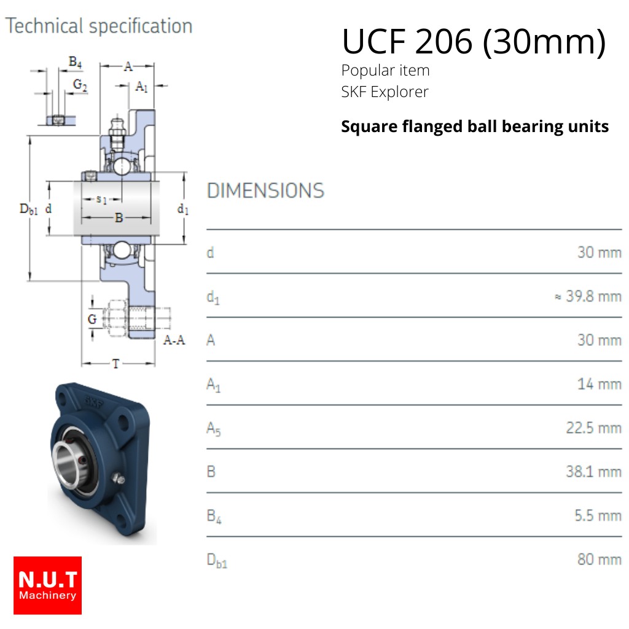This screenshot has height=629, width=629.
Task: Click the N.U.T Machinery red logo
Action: [47, 585]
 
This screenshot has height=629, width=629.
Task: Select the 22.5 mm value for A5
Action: [594, 428]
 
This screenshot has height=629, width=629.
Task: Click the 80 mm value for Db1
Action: [600, 559]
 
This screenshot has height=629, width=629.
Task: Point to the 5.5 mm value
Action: [598, 515]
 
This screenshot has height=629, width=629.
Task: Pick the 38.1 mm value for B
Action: [594, 472]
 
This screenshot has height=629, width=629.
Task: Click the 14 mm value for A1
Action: [600, 385]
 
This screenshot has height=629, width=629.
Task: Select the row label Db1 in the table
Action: [217, 560]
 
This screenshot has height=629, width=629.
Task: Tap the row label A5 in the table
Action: [213, 428]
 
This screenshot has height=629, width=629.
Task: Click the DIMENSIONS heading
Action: [265, 190]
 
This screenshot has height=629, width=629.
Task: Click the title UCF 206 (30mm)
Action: [474, 42]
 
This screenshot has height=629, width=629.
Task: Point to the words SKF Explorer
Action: [385, 92]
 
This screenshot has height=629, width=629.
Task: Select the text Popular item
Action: [386, 71]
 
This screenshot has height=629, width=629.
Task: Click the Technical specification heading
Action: [99, 26]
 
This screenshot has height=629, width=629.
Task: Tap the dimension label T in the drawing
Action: [116, 364]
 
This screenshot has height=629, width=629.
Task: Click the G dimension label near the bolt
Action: [92, 319]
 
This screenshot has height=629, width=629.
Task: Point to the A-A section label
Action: [174, 340]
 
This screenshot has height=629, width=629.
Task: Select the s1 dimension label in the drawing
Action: [101, 199]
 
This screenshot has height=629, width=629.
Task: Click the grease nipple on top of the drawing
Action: [117, 133]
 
